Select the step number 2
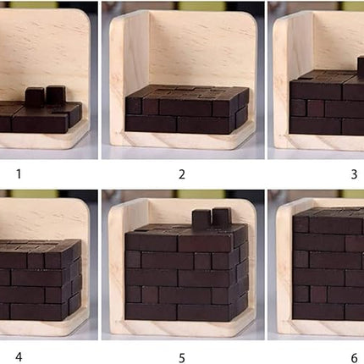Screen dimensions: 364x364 pos(181,176)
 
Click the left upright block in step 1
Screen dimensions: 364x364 pos(35,97)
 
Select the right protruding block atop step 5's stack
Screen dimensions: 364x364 pos(221,218)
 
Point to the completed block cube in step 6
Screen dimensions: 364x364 pos(330,262)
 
